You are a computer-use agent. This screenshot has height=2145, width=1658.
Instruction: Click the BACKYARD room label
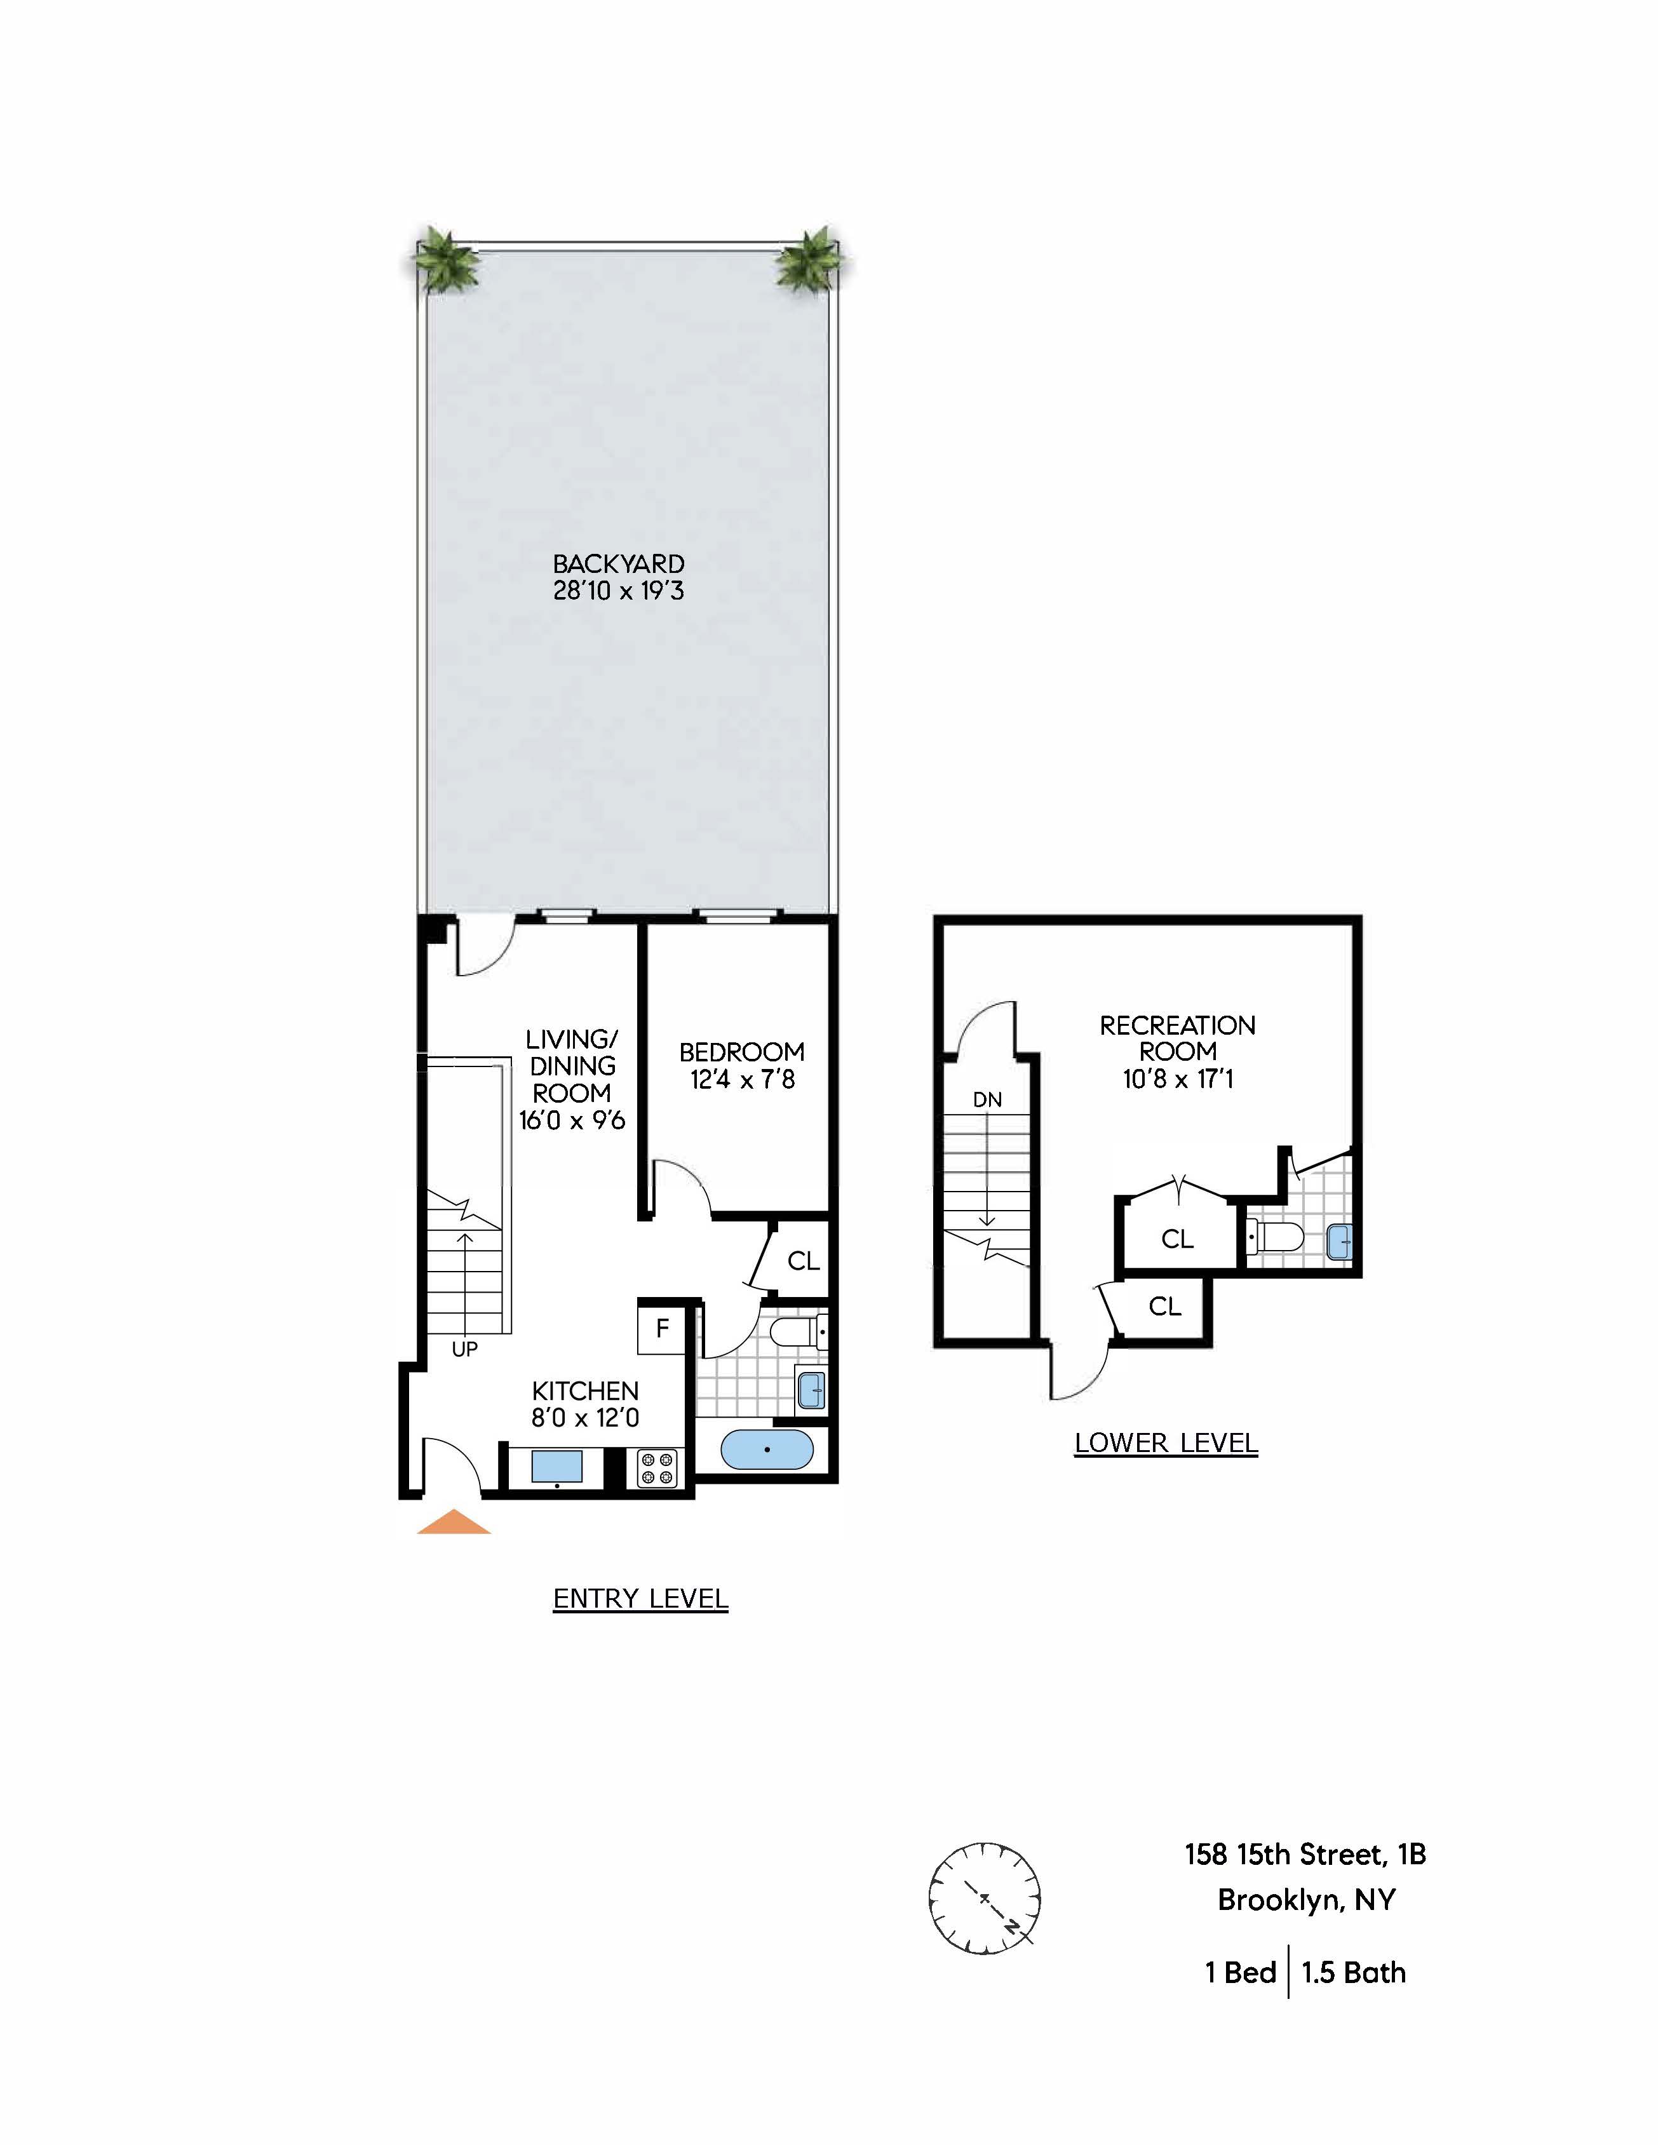(x=618, y=564)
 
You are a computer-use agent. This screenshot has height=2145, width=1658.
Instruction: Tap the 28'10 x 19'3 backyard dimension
(x=618, y=591)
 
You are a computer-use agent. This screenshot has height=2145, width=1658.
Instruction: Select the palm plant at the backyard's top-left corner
(x=445, y=261)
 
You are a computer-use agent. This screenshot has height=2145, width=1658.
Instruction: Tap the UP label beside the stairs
(x=464, y=1350)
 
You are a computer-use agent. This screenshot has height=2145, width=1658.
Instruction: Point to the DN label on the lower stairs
(x=987, y=1100)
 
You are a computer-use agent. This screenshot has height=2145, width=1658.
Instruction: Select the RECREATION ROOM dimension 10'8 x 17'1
(x=1178, y=1079)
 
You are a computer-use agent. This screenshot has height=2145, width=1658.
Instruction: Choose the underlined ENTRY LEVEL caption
(x=640, y=1599)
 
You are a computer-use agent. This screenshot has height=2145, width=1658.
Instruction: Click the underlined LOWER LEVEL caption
(x=1166, y=1442)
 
